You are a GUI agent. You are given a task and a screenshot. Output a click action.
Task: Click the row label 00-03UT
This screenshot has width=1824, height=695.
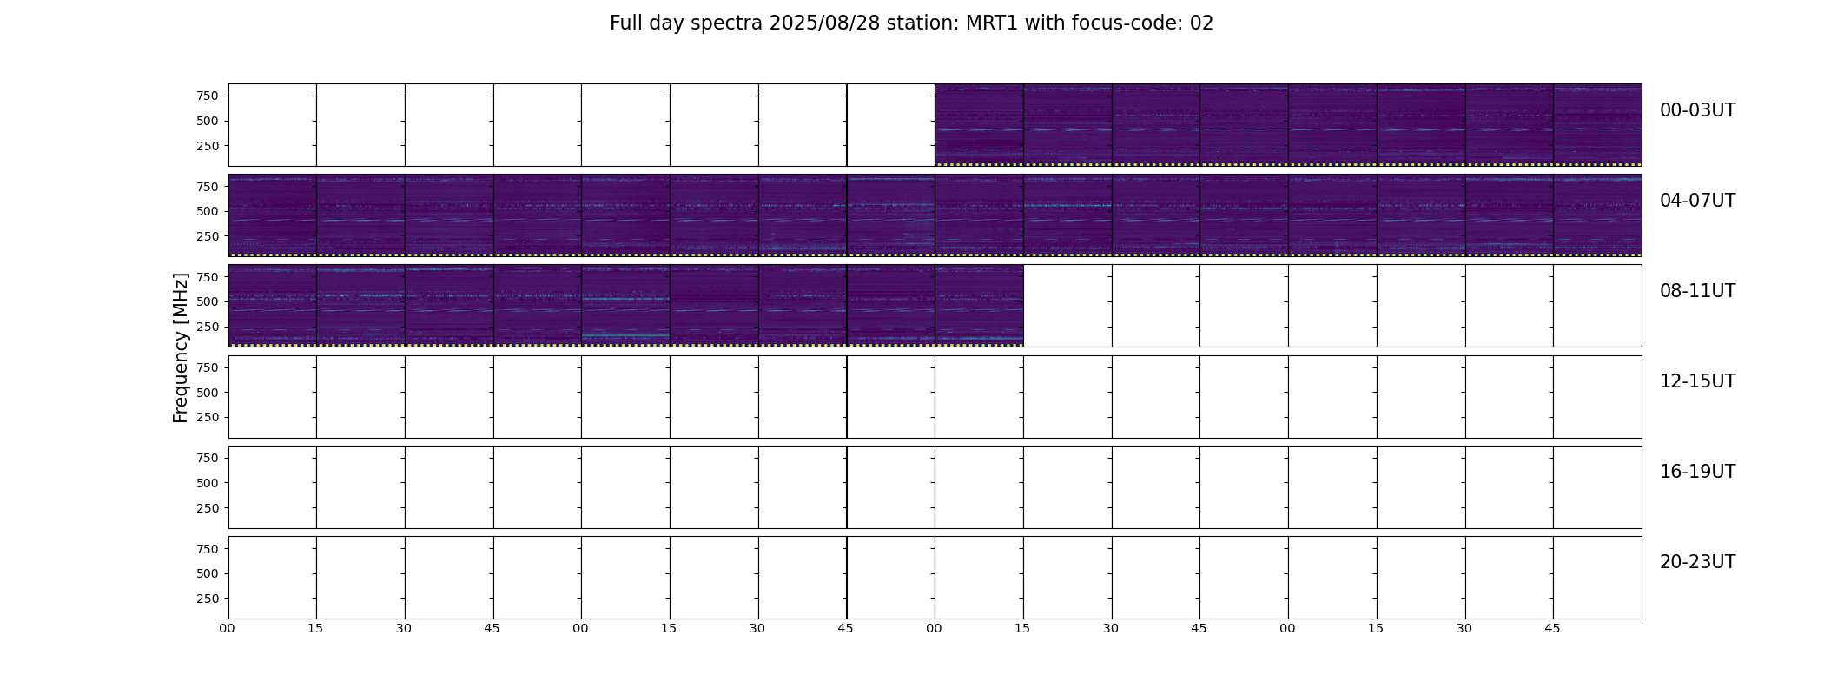[x=1697, y=110]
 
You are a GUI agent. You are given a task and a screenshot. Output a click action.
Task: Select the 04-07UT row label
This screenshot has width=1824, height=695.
[x=1697, y=201]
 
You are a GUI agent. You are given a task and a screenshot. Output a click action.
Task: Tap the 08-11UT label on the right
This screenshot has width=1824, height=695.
[x=1697, y=291]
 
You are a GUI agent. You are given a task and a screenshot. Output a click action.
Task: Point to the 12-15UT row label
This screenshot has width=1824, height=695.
[x=1697, y=381]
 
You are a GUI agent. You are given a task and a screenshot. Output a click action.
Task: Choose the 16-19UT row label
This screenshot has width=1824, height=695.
[x=1697, y=472]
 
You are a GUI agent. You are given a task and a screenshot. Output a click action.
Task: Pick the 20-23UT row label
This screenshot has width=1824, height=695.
[x=1697, y=562]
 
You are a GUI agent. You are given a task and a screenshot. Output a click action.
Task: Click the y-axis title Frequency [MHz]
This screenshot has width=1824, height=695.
[x=181, y=348]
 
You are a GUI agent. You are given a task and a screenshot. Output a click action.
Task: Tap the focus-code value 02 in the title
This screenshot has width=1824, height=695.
[x=1201, y=23]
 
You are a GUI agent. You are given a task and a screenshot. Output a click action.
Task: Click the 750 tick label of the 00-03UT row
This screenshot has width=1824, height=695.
[x=208, y=96]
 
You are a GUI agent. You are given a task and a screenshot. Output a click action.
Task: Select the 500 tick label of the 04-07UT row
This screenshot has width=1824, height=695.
[x=208, y=211]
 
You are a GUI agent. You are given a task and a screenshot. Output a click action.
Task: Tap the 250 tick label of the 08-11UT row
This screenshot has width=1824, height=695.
[x=208, y=327]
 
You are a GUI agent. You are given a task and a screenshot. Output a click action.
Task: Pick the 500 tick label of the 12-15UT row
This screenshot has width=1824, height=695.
[x=208, y=393]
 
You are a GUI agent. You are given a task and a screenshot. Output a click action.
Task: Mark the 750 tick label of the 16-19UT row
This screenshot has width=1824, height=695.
[x=208, y=458]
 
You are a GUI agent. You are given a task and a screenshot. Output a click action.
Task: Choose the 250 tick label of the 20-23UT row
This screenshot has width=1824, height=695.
[x=208, y=599]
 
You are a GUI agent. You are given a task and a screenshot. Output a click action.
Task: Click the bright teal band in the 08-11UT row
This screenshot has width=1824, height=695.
[x=625, y=334]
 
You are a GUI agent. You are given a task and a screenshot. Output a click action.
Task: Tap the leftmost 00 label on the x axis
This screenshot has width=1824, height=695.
[x=228, y=628]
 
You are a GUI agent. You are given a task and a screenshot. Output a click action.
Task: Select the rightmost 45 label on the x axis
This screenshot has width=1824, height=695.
[x=1552, y=628]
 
